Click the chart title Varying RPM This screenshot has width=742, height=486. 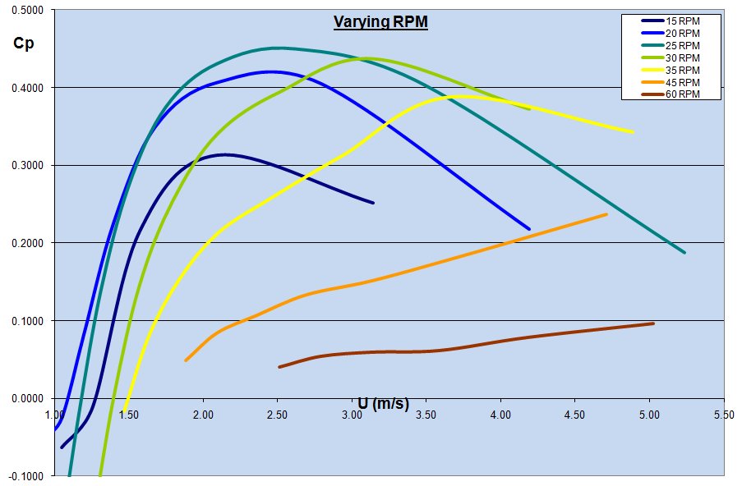[380, 22]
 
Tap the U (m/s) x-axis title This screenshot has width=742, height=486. [383, 403]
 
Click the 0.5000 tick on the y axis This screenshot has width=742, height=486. [28, 10]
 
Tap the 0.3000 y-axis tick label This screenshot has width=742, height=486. [28, 166]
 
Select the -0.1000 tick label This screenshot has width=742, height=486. [28, 476]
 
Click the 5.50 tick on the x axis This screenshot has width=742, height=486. [723, 415]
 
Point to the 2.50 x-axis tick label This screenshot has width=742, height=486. [277, 415]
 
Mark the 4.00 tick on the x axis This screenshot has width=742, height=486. [500, 415]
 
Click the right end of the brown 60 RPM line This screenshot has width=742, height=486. [653, 323]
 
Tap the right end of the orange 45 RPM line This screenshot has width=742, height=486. [606, 214]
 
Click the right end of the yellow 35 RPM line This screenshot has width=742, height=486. [632, 131]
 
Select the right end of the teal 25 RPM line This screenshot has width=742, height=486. [684, 252]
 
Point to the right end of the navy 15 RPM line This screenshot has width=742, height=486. [373, 203]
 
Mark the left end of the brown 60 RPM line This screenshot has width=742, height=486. [279, 367]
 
